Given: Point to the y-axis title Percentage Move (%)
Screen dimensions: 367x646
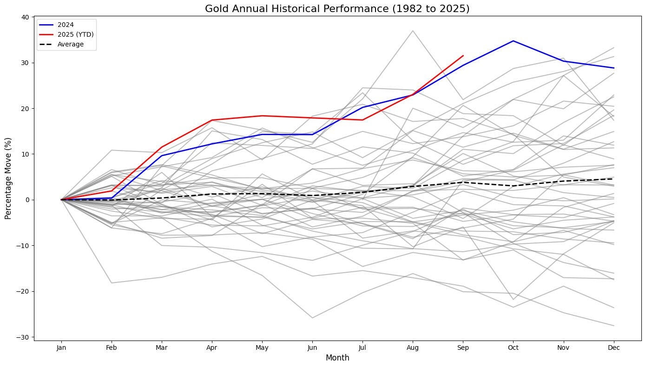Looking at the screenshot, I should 8,178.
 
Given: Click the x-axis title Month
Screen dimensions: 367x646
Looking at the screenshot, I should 337,358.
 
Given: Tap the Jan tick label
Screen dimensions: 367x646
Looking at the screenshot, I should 61,347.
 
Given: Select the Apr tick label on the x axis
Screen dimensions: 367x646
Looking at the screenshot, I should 212,347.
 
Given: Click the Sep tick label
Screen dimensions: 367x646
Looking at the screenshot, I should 463,347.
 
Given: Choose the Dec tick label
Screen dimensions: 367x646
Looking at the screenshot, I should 614,347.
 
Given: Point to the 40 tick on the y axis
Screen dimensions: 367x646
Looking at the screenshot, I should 25,17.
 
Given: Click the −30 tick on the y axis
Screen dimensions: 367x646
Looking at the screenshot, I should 23,337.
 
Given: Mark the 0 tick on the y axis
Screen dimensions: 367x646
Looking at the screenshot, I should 27,200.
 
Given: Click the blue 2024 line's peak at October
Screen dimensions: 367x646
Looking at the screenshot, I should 513,41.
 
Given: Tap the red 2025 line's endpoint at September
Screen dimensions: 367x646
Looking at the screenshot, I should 463,56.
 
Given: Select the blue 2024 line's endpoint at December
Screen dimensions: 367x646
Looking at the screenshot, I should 614,68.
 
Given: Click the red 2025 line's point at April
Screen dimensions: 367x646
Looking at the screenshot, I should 212,120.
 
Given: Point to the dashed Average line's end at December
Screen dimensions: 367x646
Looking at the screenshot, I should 614,179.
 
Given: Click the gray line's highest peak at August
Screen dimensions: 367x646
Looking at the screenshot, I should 413,31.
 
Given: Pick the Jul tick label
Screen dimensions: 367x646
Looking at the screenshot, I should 363,347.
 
